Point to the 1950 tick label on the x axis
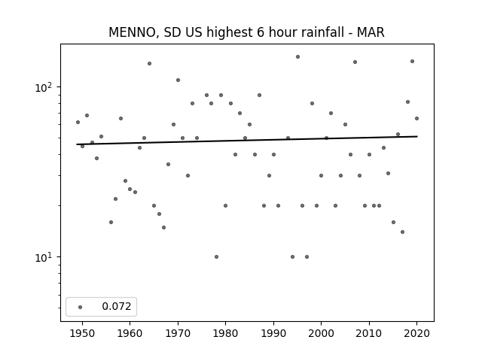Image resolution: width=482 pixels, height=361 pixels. [x=82, y=333]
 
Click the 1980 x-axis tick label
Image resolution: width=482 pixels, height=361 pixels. [x=225, y=333]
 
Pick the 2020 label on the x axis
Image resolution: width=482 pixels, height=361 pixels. [x=416, y=333]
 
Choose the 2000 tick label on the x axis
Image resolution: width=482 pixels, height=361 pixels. [x=322, y=333]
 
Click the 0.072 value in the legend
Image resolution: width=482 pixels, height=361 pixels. [x=117, y=306]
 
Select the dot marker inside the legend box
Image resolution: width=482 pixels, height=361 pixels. [x=81, y=307]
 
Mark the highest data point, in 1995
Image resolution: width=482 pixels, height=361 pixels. [x=297, y=57]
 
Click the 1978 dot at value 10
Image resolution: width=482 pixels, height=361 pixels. [x=216, y=256]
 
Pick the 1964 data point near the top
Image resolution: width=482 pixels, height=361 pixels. [x=149, y=63]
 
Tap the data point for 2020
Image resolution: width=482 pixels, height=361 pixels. [x=416, y=119]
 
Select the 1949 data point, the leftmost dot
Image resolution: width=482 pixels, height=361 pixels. [x=78, y=122]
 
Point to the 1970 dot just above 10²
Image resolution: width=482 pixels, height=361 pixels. [x=178, y=80]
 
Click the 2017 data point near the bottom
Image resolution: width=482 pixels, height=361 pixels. [x=402, y=232]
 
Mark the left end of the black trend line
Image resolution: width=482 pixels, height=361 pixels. [x=77, y=144]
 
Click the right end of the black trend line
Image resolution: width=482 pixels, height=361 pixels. [x=417, y=136]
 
